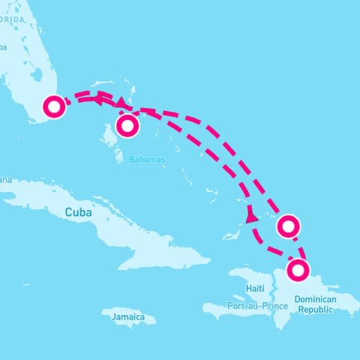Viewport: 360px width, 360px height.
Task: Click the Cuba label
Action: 78,212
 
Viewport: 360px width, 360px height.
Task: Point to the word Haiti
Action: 255,289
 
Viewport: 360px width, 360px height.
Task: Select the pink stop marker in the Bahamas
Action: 127,125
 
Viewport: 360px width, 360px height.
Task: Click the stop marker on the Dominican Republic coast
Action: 299,270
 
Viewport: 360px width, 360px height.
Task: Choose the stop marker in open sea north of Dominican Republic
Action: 289,225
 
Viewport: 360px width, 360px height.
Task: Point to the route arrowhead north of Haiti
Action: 251,217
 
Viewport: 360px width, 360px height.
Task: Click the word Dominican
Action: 315,298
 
